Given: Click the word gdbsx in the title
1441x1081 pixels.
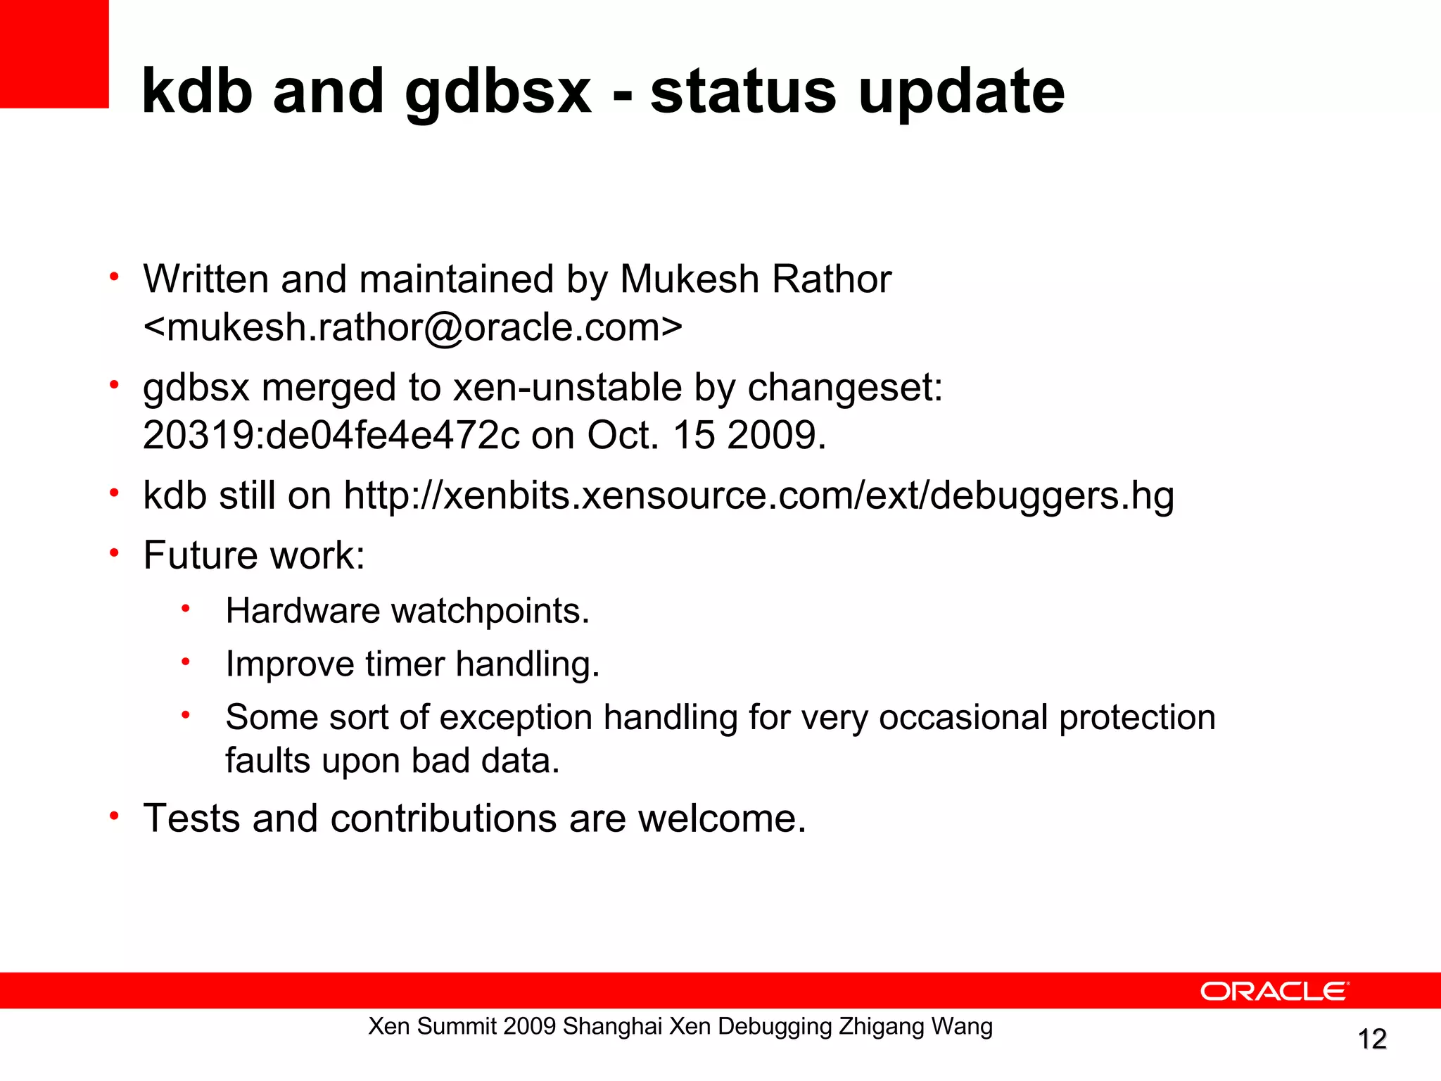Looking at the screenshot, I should [x=498, y=94].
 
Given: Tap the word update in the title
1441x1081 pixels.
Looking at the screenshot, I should [x=961, y=94].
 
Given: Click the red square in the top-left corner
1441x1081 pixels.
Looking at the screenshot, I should [x=54, y=53].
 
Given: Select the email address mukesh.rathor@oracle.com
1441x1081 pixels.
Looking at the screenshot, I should [x=413, y=327].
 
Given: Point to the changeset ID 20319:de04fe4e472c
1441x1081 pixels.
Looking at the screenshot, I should [x=331, y=435].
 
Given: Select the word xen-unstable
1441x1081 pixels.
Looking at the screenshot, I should [x=568, y=387].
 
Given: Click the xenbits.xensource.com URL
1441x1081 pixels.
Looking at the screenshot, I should [x=758, y=495].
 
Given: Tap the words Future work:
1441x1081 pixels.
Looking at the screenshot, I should [x=254, y=555].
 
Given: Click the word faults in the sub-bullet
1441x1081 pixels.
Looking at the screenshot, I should [x=267, y=761].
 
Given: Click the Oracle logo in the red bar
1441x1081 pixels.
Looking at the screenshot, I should [x=1274, y=991].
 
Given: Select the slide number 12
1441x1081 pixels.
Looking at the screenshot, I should [x=1371, y=1039].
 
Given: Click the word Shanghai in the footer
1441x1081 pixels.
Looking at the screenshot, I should [x=612, y=1027].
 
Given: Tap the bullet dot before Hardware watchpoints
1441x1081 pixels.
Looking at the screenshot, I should [x=185, y=608].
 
